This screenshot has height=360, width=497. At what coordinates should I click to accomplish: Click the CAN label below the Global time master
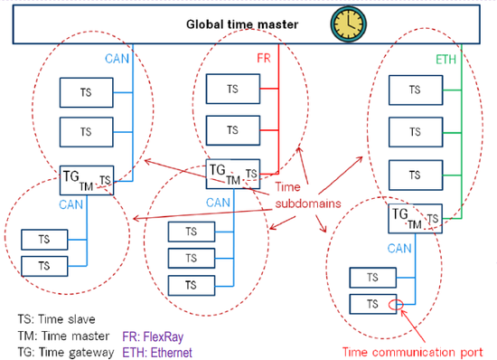(117, 60)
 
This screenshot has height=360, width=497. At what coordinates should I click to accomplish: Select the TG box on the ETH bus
(415, 219)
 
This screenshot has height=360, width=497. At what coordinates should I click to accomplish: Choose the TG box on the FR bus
(233, 172)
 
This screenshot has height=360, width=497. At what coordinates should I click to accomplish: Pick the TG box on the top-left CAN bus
(87, 177)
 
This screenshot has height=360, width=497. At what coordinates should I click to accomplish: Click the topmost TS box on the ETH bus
(414, 90)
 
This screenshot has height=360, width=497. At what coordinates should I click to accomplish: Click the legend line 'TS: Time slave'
(56, 319)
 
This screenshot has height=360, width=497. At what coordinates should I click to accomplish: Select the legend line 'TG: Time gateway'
(63, 352)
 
